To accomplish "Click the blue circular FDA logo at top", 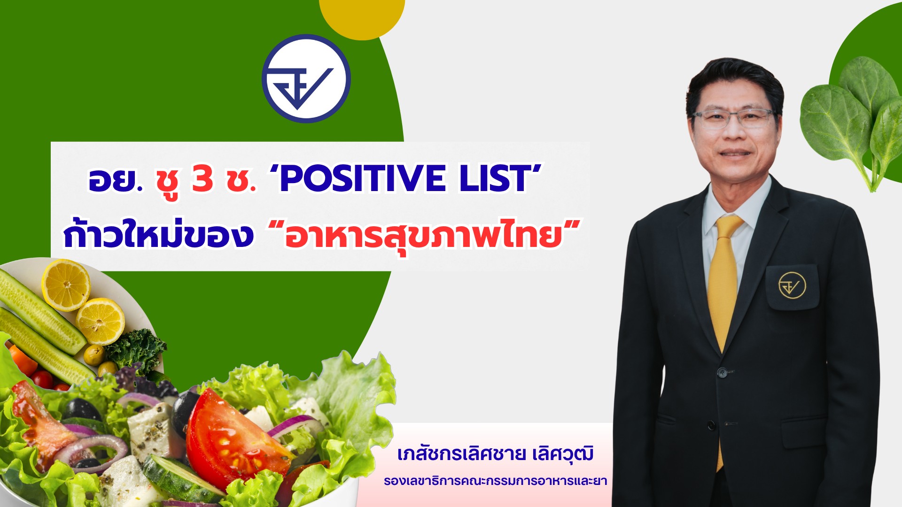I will tap(306, 78).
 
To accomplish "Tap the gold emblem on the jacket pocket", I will tap(792, 285).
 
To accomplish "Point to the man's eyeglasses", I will tap(733, 118).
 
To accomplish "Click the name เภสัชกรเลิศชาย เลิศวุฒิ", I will tap(495, 454).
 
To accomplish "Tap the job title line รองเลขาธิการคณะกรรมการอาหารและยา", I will tap(495, 481).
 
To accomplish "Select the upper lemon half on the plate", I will tap(66, 284).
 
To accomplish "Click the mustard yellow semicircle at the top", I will tap(362, 16).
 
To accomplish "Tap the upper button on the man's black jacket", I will tap(723, 373).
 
